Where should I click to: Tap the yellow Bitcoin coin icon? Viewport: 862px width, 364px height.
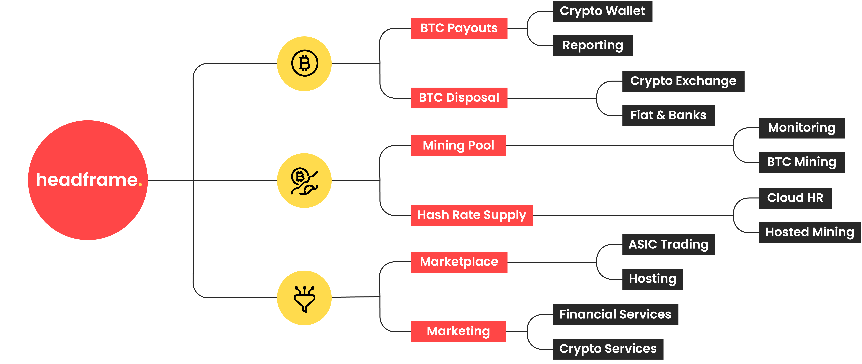304,64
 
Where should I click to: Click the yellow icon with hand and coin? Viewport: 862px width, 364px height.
304,180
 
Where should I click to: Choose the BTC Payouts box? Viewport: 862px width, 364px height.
459,28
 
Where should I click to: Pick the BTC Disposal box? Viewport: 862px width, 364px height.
459,98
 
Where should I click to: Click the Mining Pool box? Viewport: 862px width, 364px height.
458,146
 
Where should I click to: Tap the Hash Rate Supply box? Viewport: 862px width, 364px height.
471,215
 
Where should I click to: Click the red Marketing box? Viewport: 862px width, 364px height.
458,332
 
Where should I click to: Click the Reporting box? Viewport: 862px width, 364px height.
593,45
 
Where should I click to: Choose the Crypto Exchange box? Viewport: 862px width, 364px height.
683,81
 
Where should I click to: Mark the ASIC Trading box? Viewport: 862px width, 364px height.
668,245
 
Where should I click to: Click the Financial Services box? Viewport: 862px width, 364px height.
615,314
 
